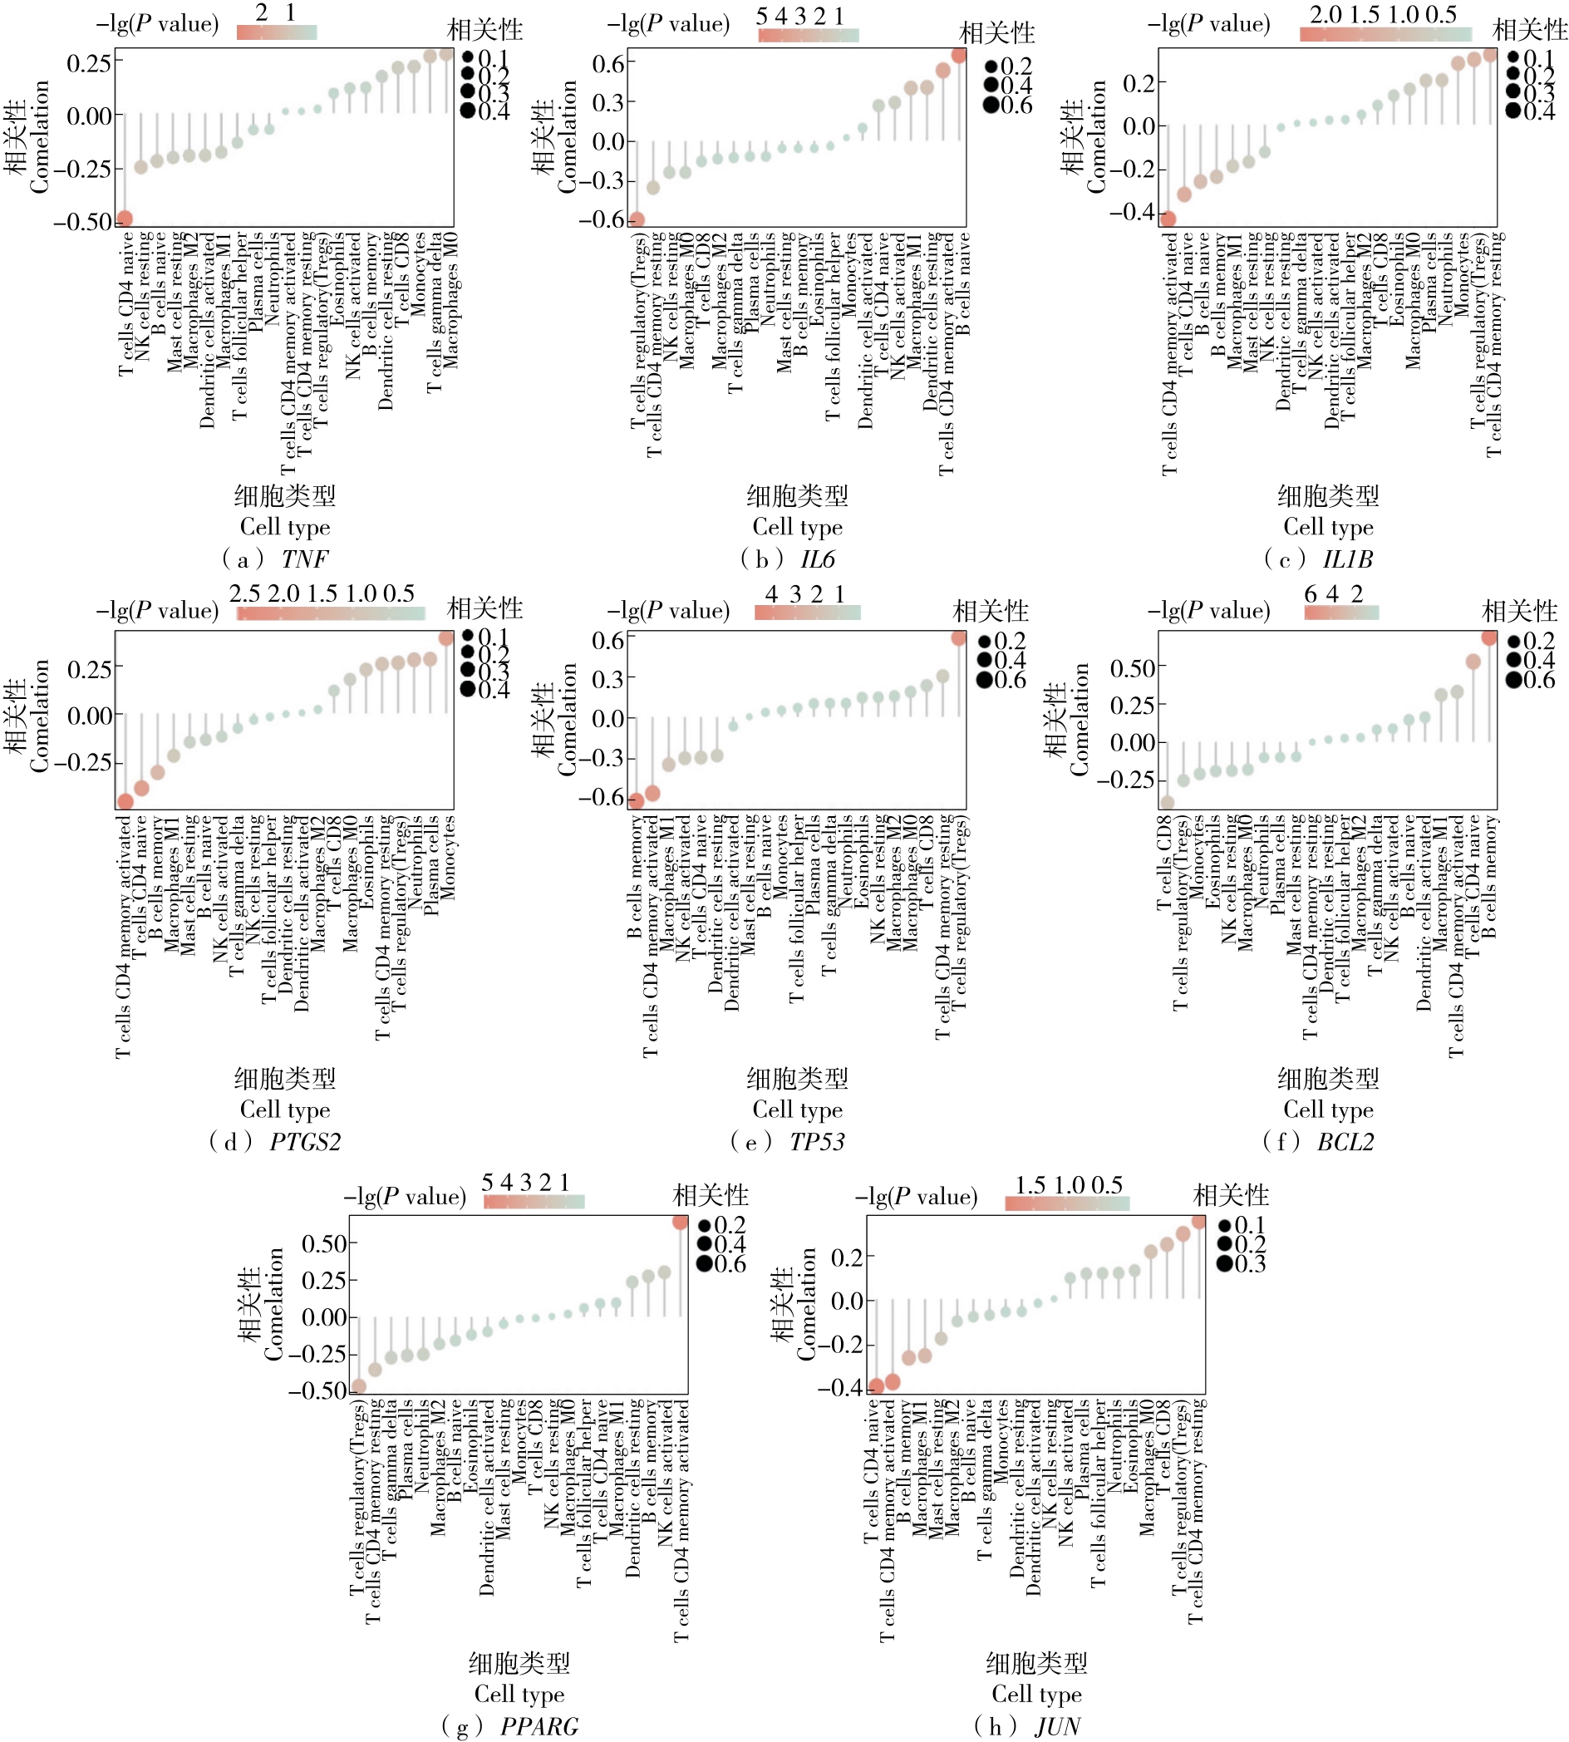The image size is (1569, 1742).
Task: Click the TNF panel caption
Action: tap(276, 559)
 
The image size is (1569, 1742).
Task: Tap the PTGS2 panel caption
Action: tap(276, 1141)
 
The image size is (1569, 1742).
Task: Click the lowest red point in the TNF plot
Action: tap(125, 218)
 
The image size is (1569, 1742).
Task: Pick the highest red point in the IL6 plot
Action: tap(959, 56)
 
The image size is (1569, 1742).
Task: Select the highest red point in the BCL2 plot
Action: tap(1489, 637)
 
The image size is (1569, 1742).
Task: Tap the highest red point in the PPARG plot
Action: tap(680, 1223)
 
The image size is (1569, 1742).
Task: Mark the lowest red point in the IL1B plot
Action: tap(1168, 219)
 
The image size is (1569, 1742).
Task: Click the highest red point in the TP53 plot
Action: tap(959, 638)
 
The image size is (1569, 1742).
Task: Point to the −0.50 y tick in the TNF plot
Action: tap(83, 222)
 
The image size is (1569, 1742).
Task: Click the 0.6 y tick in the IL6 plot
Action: tap(607, 64)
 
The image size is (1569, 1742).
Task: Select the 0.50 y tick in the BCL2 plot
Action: tap(1132, 668)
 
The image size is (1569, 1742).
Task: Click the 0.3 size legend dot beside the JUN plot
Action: tap(1225, 1264)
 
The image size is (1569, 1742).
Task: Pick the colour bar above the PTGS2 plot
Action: tap(331, 613)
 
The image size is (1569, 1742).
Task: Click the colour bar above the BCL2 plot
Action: tap(1341, 613)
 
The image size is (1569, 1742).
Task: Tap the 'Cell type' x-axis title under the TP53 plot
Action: tap(798, 1110)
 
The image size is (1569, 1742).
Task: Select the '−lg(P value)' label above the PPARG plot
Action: tap(406, 1197)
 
